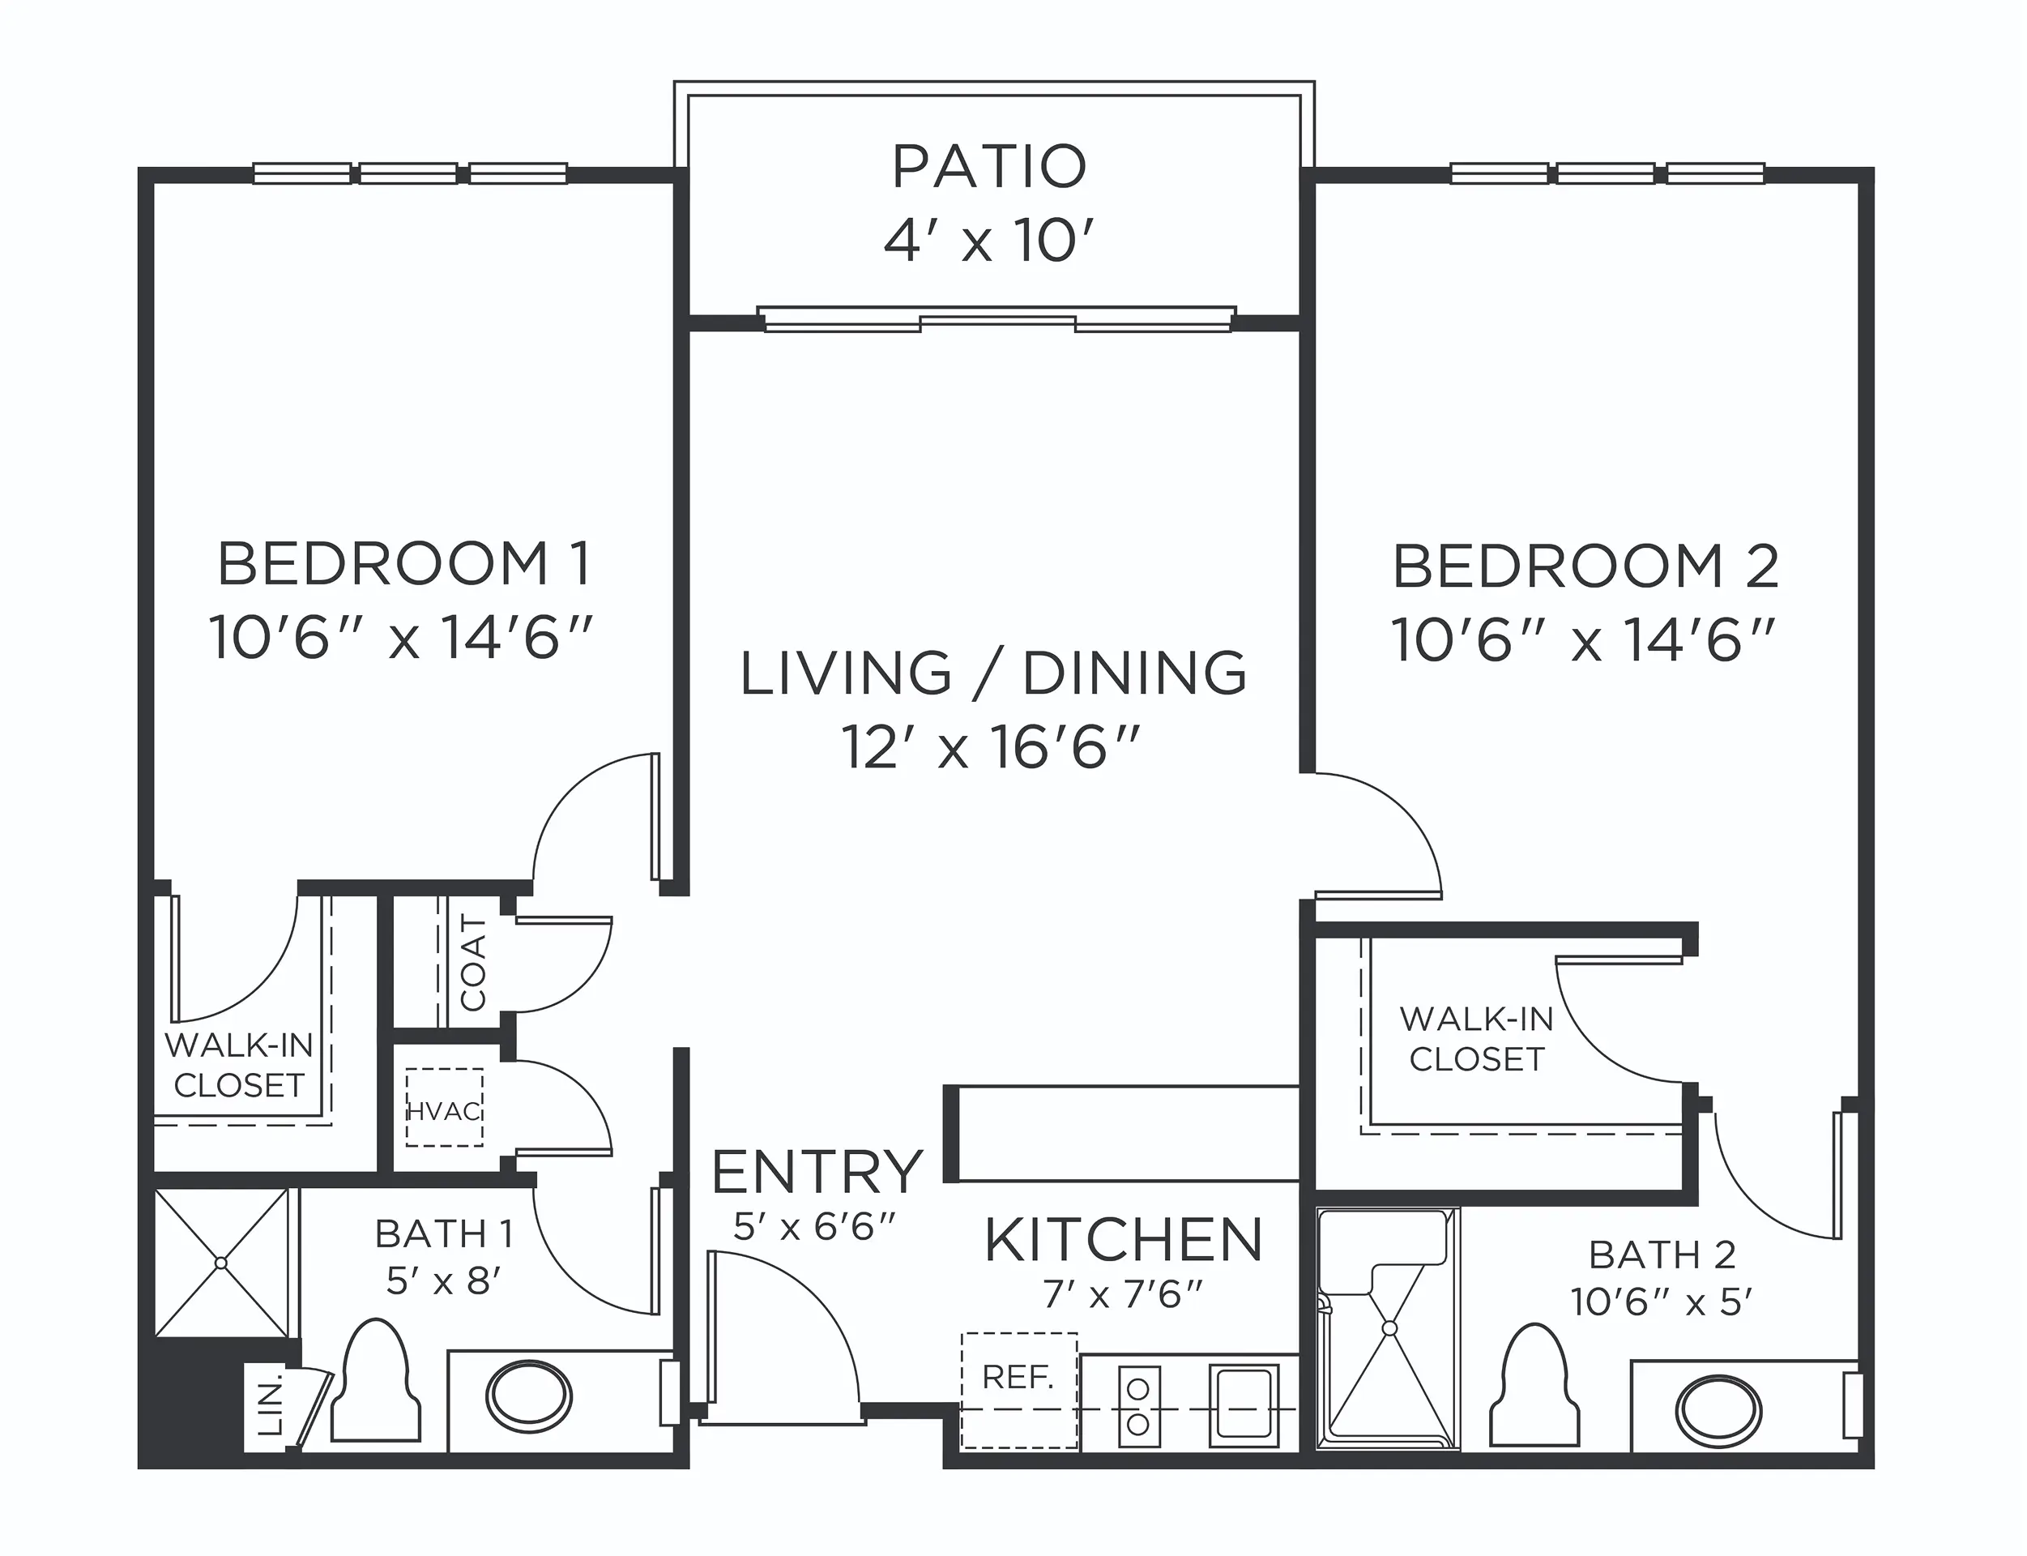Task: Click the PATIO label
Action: [x=989, y=167]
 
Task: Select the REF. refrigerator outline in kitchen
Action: [x=1018, y=1390]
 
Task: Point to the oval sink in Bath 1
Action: [x=529, y=1395]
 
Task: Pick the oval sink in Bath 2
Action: [x=1718, y=1412]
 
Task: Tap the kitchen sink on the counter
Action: [x=1244, y=1405]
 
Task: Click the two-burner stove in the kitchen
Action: [x=1138, y=1405]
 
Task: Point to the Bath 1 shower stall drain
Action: [x=220, y=1263]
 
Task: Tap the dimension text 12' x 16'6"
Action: [x=988, y=747]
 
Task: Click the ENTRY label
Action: [x=817, y=1173]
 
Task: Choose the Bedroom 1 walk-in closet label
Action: [x=239, y=1065]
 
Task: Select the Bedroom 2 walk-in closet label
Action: [x=1476, y=1038]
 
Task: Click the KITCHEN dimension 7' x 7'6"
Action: [x=1122, y=1295]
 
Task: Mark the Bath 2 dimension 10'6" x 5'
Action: [x=1662, y=1302]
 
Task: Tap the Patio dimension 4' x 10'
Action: [x=989, y=242]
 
